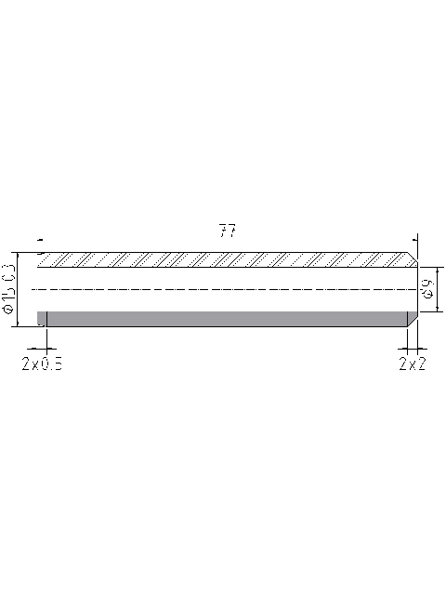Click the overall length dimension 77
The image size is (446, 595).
click(x=227, y=231)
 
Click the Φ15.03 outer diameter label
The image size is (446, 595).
click(x=9, y=288)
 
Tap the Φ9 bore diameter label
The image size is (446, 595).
click(x=427, y=288)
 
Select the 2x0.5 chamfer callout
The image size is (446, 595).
click(x=43, y=364)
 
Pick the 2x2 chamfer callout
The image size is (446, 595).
click(x=412, y=364)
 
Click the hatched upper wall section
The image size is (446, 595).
click(x=223, y=259)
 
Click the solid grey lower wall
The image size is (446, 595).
click(x=223, y=319)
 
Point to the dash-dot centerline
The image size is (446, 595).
click(x=223, y=290)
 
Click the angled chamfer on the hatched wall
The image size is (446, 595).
click(x=412, y=258)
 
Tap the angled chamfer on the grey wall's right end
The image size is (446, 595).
click(x=412, y=320)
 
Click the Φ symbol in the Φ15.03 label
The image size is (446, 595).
click(x=9, y=313)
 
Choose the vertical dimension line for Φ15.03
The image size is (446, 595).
click(x=19, y=288)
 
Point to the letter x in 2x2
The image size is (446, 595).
click(x=412, y=364)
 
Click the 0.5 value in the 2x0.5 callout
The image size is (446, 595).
click(x=52, y=364)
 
